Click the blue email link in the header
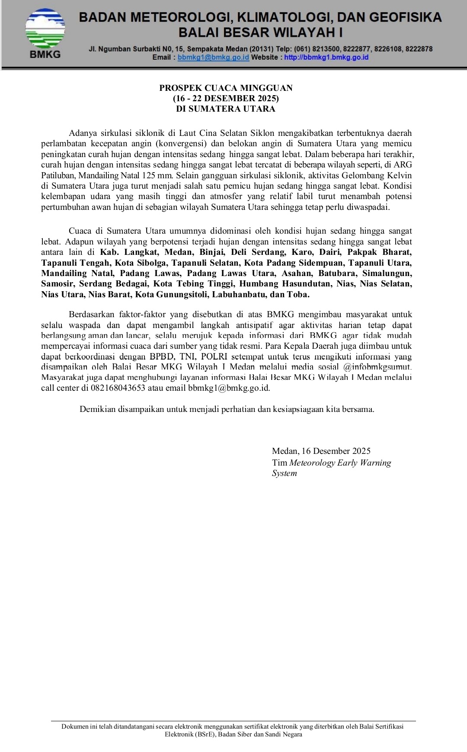pos(213,57)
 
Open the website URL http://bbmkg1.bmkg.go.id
pos(326,57)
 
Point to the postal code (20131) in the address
pos(261,49)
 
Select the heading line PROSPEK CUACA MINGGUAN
pos(226,88)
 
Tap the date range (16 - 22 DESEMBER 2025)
pos(226,98)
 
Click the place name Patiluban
pos(58,175)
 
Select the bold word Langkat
pos(141,252)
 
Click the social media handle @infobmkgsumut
pos(377,367)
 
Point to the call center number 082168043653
pos(118,388)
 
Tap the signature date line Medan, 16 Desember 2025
pos(321,451)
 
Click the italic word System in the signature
pos(284,473)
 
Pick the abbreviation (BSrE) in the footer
pos(200,734)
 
